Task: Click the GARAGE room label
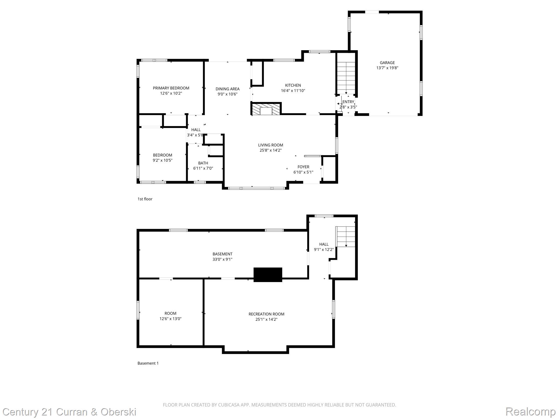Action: [x=387, y=63]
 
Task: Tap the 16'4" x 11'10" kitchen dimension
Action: [x=293, y=91]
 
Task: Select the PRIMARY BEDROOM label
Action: [x=171, y=88]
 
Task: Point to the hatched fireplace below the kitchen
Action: [x=266, y=109]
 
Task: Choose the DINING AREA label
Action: [x=227, y=89]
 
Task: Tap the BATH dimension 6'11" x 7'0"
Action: [x=203, y=168]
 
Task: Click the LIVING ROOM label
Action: [x=270, y=145]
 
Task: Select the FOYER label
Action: [x=303, y=167]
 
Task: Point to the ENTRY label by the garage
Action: [x=348, y=102]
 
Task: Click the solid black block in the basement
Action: [x=268, y=274]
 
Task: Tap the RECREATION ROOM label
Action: [x=266, y=314]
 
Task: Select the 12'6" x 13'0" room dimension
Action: [x=170, y=319]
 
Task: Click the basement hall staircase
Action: [x=346, y=237]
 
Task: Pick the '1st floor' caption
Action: [x=145, y=199]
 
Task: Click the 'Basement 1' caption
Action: [x=148, y=363]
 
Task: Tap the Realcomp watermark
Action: [x=530, y=411]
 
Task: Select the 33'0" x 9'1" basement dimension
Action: [x=222, y=259]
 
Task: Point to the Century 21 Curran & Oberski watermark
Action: [x=70, y=412]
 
